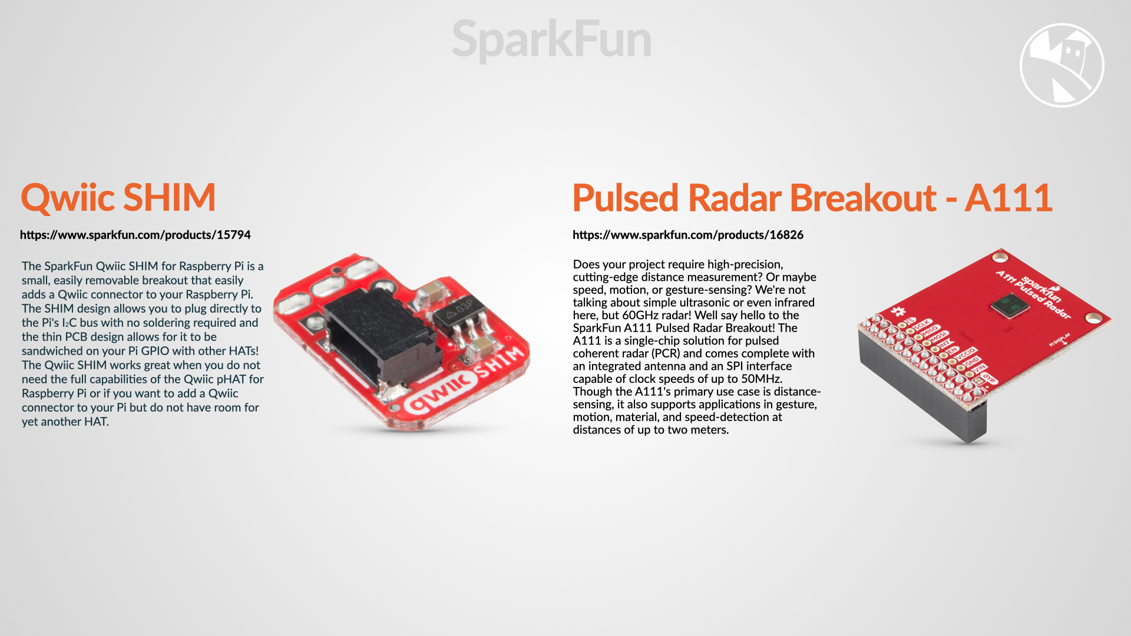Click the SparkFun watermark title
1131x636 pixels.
[x=551, y=40]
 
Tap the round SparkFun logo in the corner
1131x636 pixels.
[x=1061, y=65]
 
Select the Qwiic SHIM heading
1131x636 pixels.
[x=118, y=198]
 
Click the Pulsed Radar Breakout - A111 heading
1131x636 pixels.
[x=812, y=198]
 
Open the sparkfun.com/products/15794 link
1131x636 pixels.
[x=135, y=235]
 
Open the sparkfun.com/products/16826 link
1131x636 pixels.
[x=688, y=235]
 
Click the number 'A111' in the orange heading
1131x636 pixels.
[x=1008, y=198]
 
